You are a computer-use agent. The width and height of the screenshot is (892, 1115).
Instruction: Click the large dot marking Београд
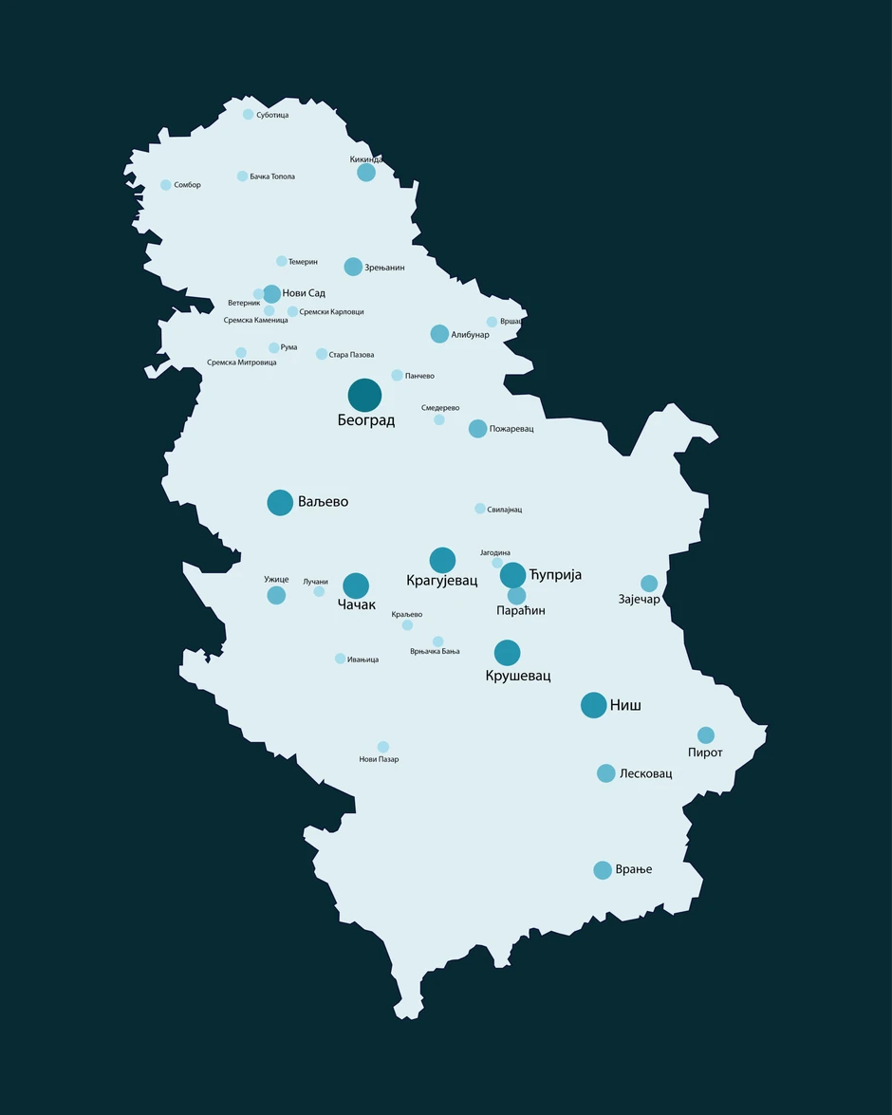point(364,396)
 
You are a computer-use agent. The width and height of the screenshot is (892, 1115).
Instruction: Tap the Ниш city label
point(625,706)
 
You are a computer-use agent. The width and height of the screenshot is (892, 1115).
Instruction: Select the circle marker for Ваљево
point(280,502)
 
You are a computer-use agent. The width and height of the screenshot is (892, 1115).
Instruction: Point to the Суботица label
point(272,115)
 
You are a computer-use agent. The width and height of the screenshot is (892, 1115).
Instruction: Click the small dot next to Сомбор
point(166,185)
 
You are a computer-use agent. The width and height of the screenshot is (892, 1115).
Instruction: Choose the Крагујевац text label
point(442,580)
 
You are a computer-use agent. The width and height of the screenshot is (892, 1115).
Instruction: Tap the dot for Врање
point(603,870)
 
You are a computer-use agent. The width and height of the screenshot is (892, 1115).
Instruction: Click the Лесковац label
point(645,774)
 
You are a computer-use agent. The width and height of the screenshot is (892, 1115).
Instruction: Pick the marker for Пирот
point(706,735)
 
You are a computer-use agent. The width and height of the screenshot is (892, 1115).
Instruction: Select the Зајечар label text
point(639,600)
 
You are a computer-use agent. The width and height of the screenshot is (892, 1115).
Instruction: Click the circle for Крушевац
point(508,653)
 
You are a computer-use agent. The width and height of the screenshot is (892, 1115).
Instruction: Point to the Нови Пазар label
point(379,759)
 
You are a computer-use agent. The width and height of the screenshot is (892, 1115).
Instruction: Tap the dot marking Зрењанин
point(353,267)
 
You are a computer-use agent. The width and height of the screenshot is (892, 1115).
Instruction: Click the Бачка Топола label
point(272,177)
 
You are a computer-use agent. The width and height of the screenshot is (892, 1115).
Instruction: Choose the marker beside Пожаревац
point(477,429)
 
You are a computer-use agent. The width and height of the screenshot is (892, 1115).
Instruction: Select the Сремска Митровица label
point(242,362)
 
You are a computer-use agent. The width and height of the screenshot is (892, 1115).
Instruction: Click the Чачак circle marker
point(356,585)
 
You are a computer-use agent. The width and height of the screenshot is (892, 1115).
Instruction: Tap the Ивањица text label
point(362,660)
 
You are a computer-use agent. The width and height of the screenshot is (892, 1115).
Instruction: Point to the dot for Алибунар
point(439,334)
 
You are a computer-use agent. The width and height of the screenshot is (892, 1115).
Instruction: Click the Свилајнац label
point(504,510)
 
